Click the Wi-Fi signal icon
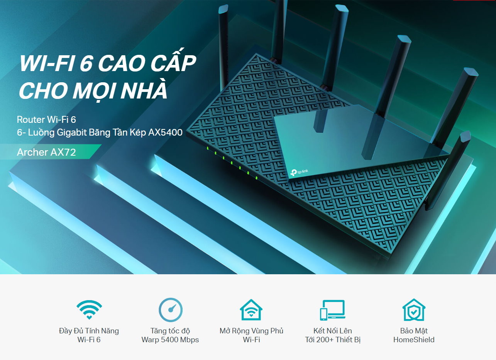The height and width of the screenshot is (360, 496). tap(89, 309)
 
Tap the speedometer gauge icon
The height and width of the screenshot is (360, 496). tap(171, 310)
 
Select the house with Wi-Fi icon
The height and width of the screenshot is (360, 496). tap(251, 309)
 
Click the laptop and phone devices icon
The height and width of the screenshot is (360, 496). tap(332, 310)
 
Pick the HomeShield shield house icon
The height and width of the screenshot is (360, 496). tap(414, 310)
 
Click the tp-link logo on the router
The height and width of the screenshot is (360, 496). tap(300, 172)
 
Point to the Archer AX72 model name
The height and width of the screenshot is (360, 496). tap(46, 152)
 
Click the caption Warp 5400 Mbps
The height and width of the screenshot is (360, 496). tap(170, 340)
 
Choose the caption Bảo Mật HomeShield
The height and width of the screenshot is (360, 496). tap(414, 335)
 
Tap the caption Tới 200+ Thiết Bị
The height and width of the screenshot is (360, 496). tap(332, 340)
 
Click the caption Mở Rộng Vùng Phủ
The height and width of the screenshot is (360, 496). tap(251, 331)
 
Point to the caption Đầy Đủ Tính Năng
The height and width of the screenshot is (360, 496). tap(89, 331)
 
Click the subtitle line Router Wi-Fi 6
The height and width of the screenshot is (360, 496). tap(46, 119)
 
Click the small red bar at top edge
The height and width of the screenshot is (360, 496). tap(474, 0)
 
